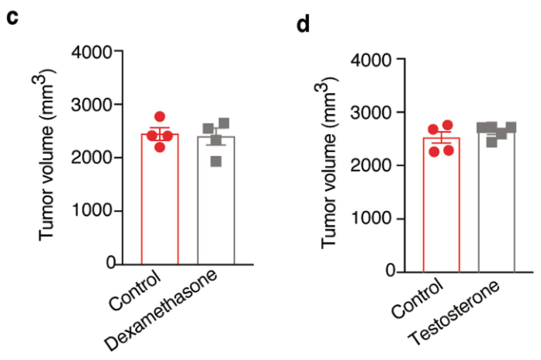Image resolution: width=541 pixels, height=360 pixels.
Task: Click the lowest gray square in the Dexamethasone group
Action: [215, 161]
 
